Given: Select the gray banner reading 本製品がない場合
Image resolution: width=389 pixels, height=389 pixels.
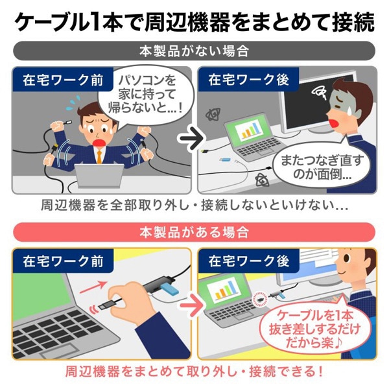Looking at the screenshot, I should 194,51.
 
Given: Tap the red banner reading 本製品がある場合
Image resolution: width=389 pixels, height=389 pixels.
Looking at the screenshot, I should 194,231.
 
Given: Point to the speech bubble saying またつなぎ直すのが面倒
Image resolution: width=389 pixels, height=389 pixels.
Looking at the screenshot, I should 317,167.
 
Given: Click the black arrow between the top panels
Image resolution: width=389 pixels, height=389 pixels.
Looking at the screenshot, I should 189,138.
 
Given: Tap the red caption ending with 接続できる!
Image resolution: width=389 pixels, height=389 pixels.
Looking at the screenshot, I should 194,372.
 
